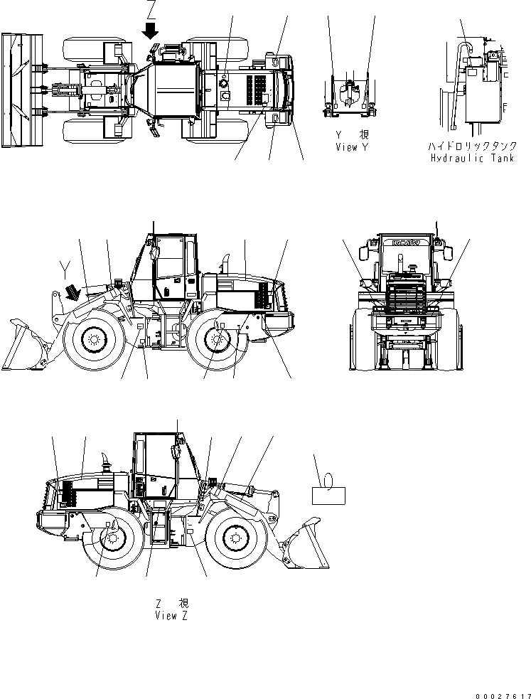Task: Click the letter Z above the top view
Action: click(150, 11)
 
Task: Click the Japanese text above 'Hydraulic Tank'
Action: click(470, 145)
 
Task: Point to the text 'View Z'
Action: click(171, 615)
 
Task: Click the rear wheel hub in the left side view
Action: click(216, 339)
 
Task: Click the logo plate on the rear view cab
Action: click(404, 242)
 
